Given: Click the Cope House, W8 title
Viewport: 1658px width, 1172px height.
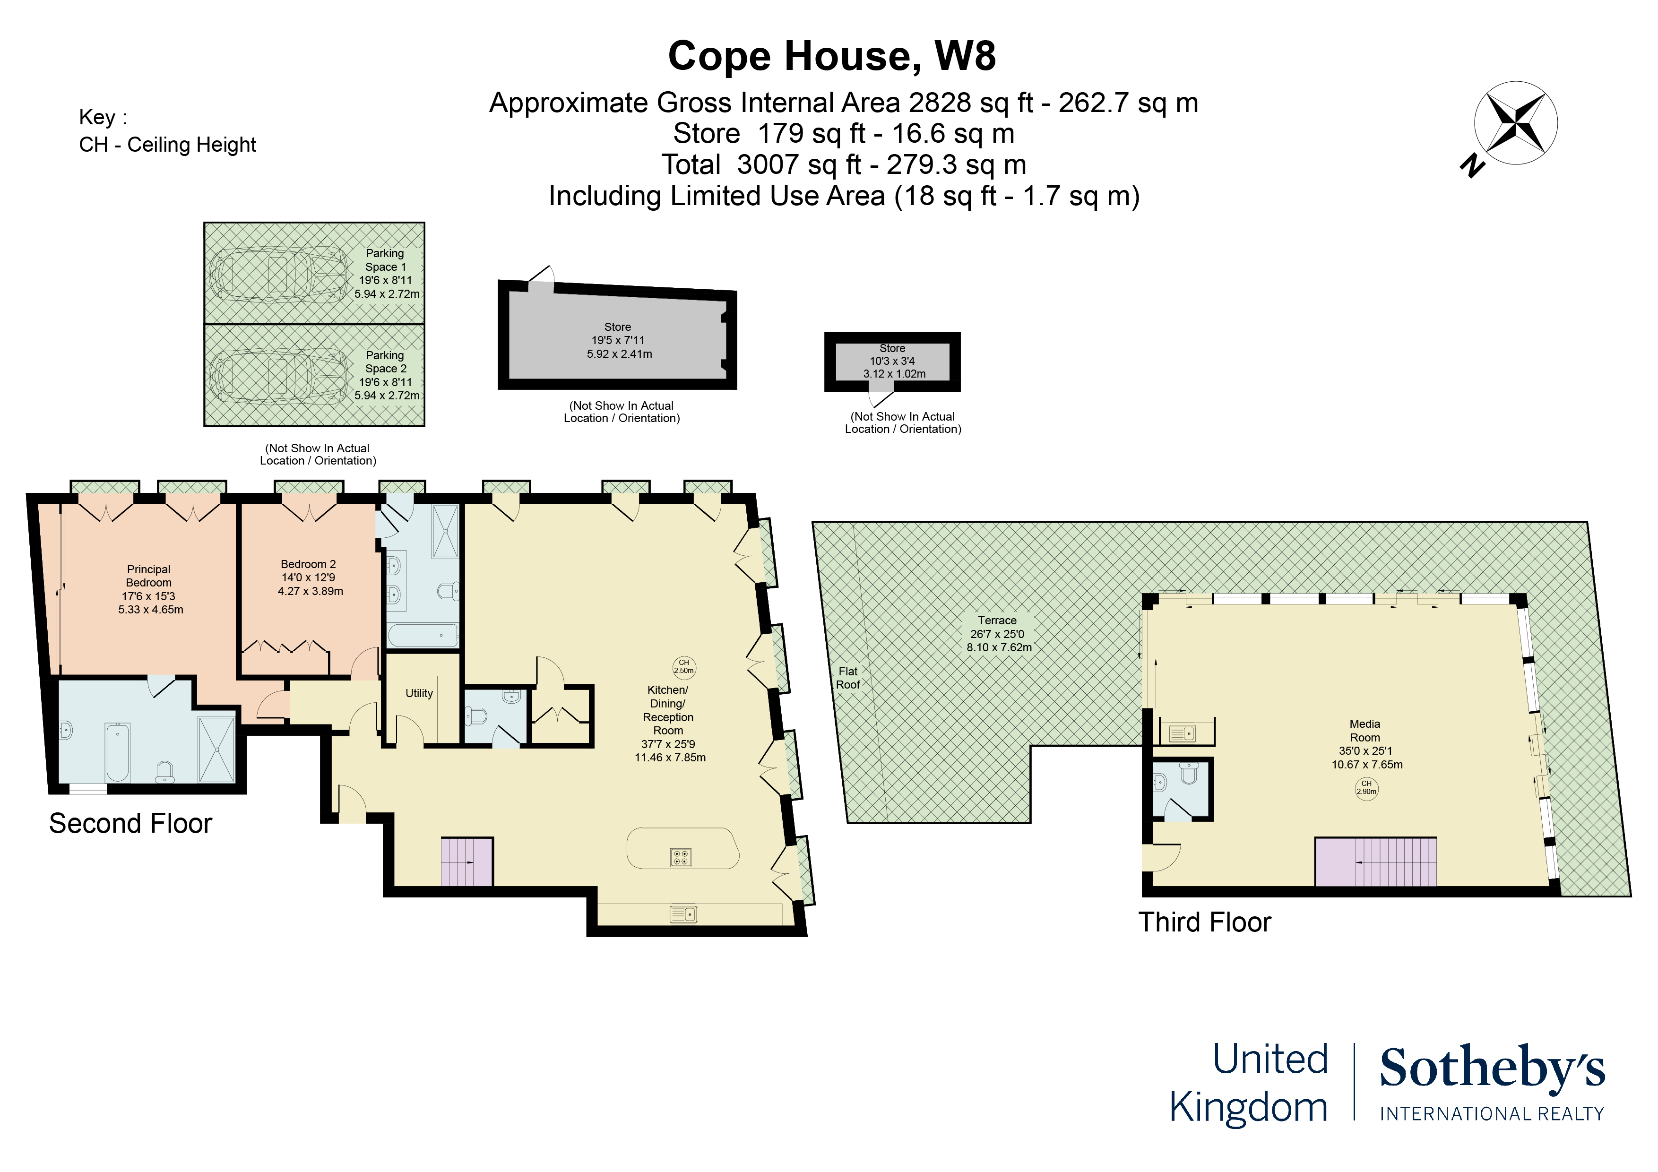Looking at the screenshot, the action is (832, 56).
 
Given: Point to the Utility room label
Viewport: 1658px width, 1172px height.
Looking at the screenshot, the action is (419, 693).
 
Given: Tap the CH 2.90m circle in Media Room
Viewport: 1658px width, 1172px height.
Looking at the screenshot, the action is (1366, 788).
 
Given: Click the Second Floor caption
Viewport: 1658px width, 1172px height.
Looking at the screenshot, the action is (131, 824).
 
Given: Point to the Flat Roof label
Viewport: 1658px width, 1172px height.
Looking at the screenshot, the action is (848, 678).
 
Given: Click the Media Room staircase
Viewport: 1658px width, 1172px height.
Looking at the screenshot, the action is (1375, 862).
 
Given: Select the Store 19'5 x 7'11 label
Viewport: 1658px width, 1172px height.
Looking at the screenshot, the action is (619, 340).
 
